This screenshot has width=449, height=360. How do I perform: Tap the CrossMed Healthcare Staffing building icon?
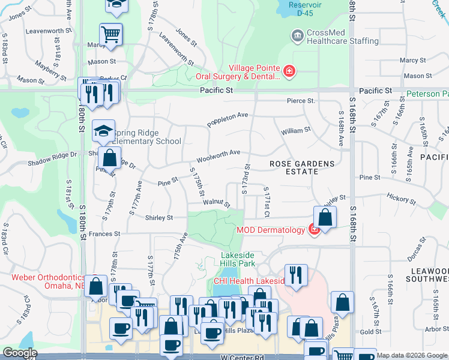[x=297, y=37]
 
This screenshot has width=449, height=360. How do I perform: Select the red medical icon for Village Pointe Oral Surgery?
[x=289, y=73]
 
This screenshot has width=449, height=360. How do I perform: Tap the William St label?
[x=295, y=130]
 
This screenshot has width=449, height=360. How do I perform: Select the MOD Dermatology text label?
[x=271, y=229]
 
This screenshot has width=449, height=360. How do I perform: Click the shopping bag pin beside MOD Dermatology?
[x=324, y=218]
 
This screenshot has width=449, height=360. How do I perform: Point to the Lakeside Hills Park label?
[x=238, y=259]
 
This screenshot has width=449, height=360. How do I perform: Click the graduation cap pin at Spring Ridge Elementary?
[x=104, y=131]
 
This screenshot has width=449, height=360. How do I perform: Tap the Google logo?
[x=20, y=353]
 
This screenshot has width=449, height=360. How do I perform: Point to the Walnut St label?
[x=215, y=204]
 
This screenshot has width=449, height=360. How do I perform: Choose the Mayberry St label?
[x=50, y=68]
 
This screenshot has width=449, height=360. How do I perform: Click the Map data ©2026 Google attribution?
[x=411, y=356]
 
